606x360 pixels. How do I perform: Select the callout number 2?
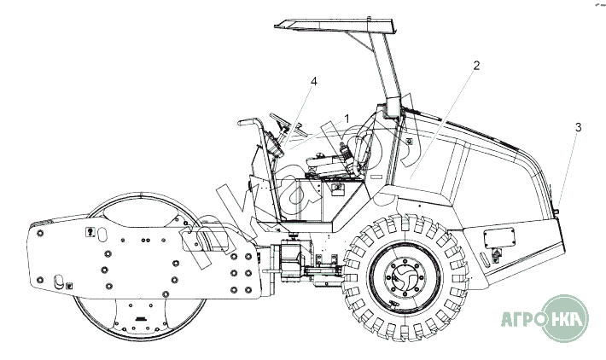476,65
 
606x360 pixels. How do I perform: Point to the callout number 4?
314,81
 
